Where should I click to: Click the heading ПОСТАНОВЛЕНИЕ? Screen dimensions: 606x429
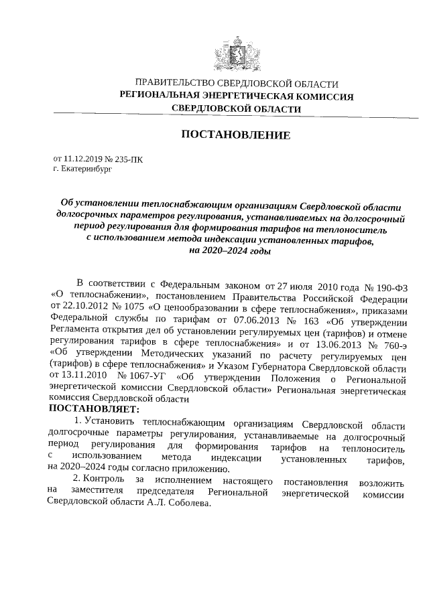click(x=236, y=136)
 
